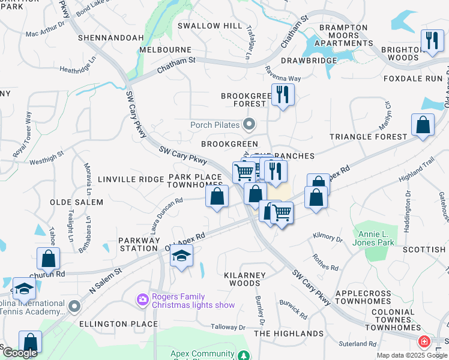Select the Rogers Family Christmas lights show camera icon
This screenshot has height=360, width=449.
[x=142, y=299]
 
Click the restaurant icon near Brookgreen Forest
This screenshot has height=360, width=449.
[x=282, y=94]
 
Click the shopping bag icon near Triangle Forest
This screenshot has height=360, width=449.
[x=423, y=125]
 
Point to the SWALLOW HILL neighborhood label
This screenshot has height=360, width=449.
[x=210, y=26]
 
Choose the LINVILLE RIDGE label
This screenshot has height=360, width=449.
[x=130, y=179]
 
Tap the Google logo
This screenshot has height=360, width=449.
[x=20, y=353]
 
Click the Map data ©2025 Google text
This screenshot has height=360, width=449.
[x=411, y=355]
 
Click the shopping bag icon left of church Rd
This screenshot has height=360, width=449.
[x=48, y=259]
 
